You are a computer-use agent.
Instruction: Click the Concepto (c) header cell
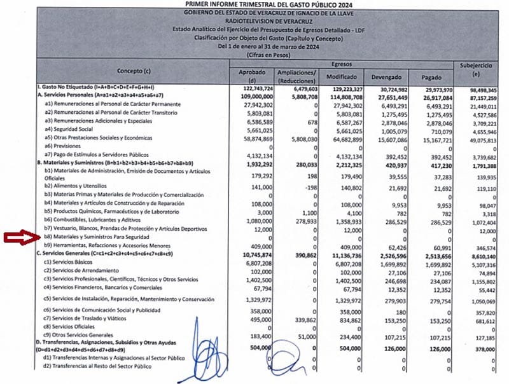[134, 70]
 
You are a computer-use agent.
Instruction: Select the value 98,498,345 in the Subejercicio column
[481, 86]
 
